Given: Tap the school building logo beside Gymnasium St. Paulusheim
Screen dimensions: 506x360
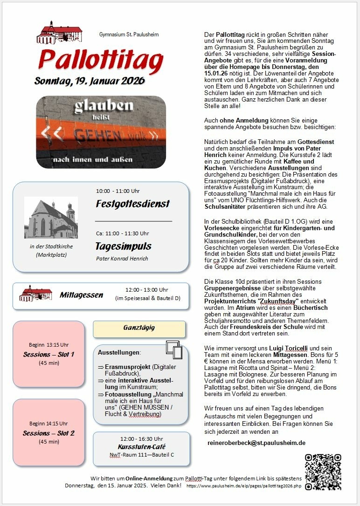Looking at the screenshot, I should coord(59,33).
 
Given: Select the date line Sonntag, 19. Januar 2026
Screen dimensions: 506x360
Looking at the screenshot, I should coord(90,81).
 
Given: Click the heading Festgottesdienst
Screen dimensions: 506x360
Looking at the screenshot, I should coord(132,204).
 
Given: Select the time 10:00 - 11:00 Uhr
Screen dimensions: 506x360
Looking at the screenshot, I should coord(118,191).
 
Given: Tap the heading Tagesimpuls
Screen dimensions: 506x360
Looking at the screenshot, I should coord(123,246).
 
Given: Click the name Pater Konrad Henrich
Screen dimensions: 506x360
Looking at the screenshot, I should coord(122,259).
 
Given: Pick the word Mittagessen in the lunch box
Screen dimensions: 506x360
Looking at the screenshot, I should coord(81,295).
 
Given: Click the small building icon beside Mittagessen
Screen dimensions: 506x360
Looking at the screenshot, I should coord(35,294).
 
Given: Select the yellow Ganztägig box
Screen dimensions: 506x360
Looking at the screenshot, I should coord(139,328).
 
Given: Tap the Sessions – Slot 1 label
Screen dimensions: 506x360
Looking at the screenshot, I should coord(48,354).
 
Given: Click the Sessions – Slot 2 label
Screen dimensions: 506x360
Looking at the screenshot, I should coord(48,433).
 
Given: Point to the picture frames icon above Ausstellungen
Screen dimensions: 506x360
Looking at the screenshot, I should coord(173,349).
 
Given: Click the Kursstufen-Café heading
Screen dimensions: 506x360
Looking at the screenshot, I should coord(141,446).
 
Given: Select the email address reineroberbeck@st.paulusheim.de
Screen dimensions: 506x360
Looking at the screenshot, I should coord(256,443).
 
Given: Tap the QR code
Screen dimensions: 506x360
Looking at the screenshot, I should coord(323,472).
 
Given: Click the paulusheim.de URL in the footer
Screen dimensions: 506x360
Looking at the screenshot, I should coord(244,485).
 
